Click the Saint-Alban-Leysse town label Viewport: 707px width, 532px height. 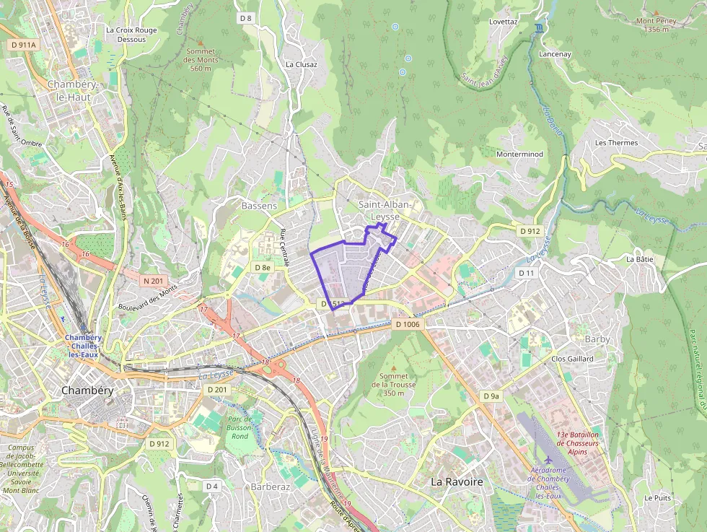point(385,210)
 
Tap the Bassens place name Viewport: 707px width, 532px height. point(259,206)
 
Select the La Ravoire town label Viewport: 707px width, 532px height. point(457,481)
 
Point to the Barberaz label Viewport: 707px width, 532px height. point(270,487)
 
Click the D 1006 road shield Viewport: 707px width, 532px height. point(408,325)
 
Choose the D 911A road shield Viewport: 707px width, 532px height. point(24,45)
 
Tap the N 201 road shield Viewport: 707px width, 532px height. point(154,281)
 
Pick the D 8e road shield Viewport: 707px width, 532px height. point(263,267)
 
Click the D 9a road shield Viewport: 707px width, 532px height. point(491,396)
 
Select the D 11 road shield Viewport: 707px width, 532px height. point(527,273)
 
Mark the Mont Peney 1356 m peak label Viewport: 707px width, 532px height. point(656,25)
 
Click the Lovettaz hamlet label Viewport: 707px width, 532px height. point(504,22)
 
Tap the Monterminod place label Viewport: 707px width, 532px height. point(519,154)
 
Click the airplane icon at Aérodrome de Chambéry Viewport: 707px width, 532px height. point(550,460)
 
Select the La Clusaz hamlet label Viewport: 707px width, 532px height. point(302,64)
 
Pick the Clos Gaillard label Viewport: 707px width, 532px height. point(572,359)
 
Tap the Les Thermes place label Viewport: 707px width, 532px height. point(616,143)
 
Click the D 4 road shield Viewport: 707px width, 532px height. point(211,486)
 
